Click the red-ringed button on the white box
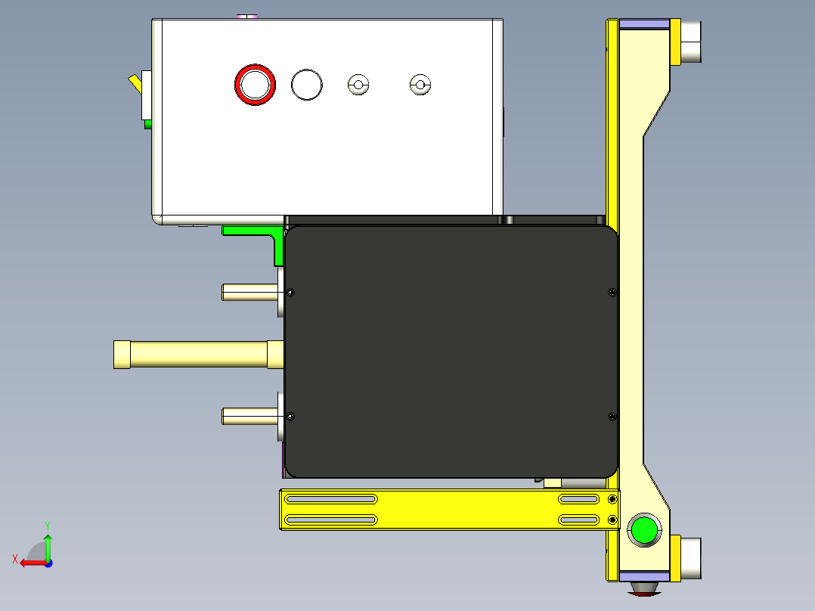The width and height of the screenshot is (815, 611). pyautogui.click(x=255, y=84)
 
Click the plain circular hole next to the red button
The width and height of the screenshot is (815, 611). pyautogui.click(x=307, y=85)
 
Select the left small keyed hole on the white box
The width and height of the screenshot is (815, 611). pyautogui.click(x=358, y=85)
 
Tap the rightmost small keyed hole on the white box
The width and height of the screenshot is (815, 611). pyautogui.click(x=419, y=85)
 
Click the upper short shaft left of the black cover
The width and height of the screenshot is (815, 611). pyautogui.click(x=249, y=292)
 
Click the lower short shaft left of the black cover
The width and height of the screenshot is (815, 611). pyautogui.click(x=249, y=415)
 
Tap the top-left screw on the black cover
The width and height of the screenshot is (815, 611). pyautogui.click(x=292, y=293)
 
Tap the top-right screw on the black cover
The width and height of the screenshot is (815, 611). pyautogui.click(x=611, y=293)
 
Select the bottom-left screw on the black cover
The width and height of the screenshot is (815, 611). pyautogui.click(x=291, y=415)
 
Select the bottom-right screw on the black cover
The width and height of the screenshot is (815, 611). pyautogui.click(x=611, y=415)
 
